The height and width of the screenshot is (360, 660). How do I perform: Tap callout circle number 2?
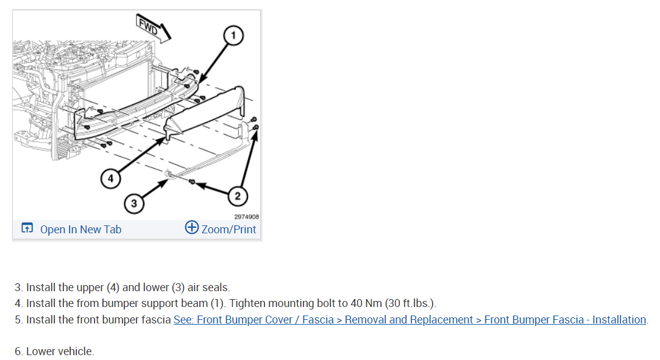point(238,196)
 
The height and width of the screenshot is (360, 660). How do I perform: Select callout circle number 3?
point(133,203)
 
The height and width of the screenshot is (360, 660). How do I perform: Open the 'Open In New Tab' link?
point(80,229)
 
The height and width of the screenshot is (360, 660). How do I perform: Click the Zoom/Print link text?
point(229,229)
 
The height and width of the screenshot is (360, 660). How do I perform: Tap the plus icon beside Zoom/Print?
point(192,228)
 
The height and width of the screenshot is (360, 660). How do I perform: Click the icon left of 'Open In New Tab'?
point(27,229)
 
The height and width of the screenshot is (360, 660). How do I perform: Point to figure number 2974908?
point(247,216)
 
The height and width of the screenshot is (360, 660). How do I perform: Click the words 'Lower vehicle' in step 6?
point(60,351)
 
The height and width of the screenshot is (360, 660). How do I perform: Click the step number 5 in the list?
point(18,319)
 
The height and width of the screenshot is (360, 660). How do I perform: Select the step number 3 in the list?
point(18,287)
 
